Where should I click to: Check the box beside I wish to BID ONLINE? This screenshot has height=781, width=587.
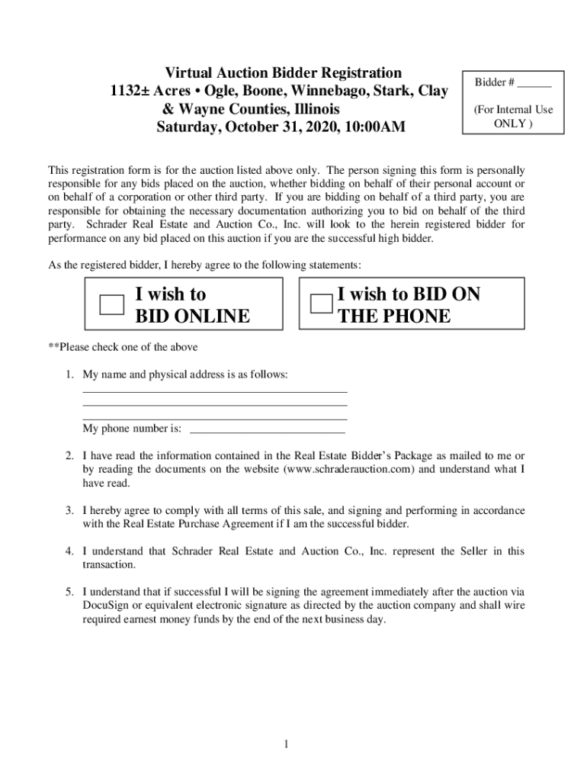(x=112, y=304)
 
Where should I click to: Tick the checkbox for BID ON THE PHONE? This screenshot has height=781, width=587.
(x=321, y=304)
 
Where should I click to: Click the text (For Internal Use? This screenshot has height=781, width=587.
(x=513, y=109)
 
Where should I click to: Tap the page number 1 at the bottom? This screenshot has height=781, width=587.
(x=285, y=744)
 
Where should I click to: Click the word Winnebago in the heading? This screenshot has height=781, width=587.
(x=326, y=91)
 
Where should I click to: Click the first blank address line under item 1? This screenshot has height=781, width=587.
(x=214, y=390)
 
